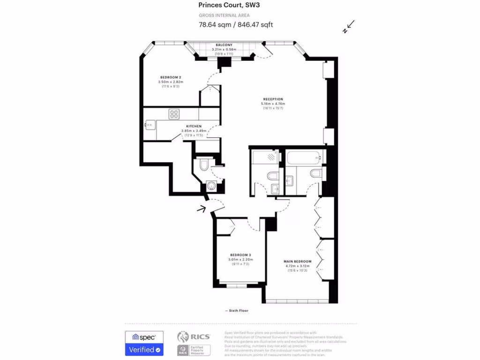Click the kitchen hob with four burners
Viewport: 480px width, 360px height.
[174, 114]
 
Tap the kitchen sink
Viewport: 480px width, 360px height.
[150, 125]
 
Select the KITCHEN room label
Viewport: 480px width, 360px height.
[194, 127]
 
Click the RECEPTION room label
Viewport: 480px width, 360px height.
[273, 99]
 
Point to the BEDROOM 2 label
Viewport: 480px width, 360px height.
[171, 77]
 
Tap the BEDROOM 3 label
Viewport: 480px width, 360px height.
[241, 255]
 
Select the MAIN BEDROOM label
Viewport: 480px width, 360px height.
[298, 262]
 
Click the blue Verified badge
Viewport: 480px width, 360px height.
[144, 349]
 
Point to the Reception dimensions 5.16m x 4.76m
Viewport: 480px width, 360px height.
[273, 104]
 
